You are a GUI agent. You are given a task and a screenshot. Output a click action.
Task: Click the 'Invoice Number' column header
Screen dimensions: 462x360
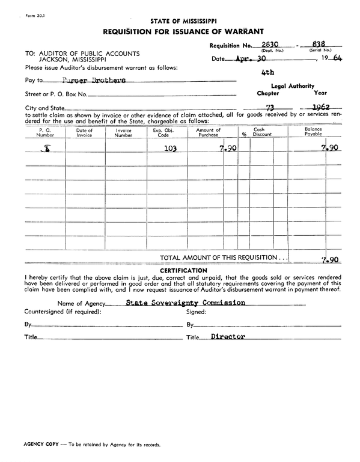coord(123,132)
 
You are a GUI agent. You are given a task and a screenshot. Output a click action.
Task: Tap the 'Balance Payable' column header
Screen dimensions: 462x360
coord(313,132)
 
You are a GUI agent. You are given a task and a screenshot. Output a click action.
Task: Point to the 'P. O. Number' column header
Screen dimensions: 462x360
coord(45,132)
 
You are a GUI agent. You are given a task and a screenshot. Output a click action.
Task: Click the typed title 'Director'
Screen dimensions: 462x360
coord(228,337)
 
